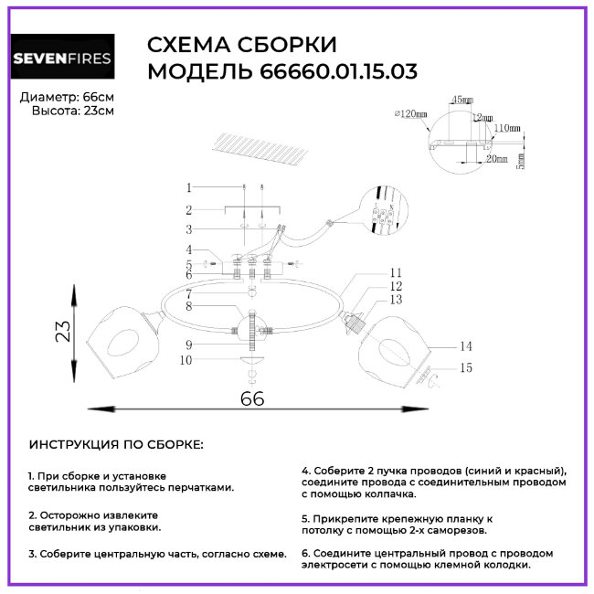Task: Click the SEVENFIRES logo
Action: tap(62, 60)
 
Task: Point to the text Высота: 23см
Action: tap(73, 111)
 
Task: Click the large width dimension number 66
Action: tap(252, 398)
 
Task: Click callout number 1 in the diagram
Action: tap(188, 187)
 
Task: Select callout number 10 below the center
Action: tap(187, 361)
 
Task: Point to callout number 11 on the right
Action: tap(396, 272)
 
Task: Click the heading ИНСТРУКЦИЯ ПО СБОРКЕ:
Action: tap(117, 445)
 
